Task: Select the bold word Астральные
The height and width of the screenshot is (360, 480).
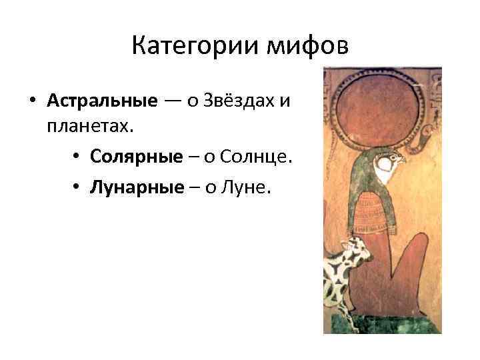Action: tap(102, 101)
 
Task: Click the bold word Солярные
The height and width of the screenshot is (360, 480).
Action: tap(137, 156)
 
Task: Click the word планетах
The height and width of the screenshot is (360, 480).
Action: tap(90, 125)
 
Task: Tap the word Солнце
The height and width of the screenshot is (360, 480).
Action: tap(255, 156)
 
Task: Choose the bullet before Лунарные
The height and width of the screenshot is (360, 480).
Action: tap(78, 188)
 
